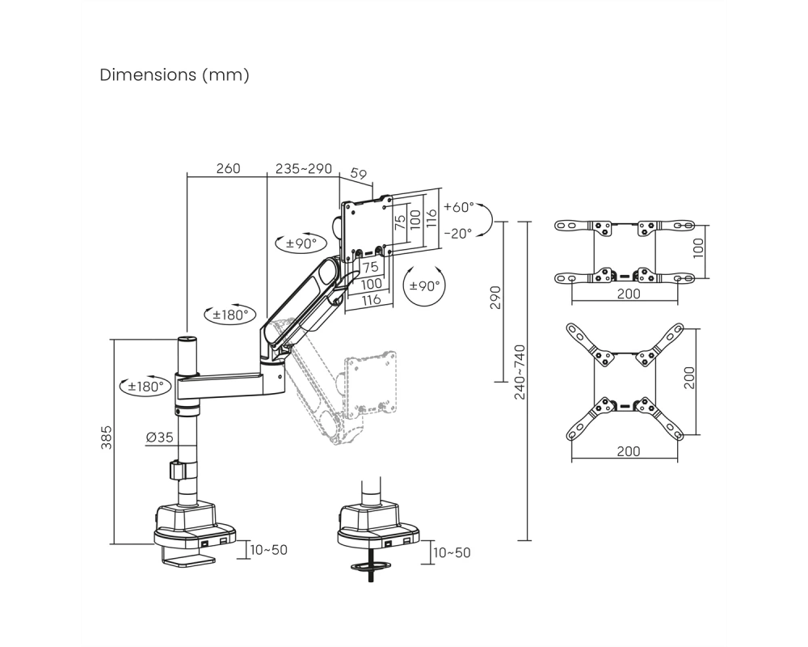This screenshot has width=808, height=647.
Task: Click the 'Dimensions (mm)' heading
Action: pyautogui.click(x=175, y=75)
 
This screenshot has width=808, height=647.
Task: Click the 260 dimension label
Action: pyautogui.click(x=228, y=169)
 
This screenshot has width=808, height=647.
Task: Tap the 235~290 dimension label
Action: pyautogui.click(x=304, y=169)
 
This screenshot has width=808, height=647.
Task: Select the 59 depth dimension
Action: pyautogui.click(x=358, y=174)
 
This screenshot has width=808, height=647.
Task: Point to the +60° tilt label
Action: pyautogui.click(x=458, y=207)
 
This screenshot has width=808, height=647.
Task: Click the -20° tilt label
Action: pyautogui.click(x=457, y=234)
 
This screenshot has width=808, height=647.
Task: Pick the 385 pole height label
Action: pyautogui.click(x=106, y=438)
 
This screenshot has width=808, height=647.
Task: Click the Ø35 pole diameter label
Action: pyautogui.click(x=160, y=438)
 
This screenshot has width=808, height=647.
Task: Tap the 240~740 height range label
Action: pyautogui.click(x=520, y=372)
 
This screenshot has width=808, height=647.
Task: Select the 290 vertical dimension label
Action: pyautogui.click(x=495, y=298)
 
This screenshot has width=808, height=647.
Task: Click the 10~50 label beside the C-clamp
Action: pyautogui.click(x=268, y=550)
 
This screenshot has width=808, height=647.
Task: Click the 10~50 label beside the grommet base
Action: pyautogui.click(x=452, y=553)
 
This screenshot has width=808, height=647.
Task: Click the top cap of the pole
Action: pyautogui.click(x=187, y=340)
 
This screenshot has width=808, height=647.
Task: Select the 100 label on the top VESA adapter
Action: pyautogui.click(x=698, y=248)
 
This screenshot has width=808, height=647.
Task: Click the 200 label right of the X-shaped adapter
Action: pyautogui.click(x=689, y=378)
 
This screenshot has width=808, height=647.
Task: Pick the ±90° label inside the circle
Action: pyautogui.click(x=425, y=285)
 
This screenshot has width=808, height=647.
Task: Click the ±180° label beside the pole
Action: pyautogui.click(x=145, y=386)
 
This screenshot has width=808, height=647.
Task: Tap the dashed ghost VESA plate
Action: pyautogui.click(x=371, y=385)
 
